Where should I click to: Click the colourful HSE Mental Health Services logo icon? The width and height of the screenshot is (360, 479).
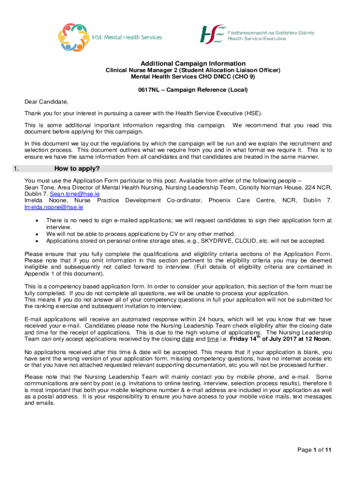tap(73, 37)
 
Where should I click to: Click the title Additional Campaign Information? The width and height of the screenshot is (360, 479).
tap(193, 64)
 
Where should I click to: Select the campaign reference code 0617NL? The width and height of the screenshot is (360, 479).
tap(149, 90)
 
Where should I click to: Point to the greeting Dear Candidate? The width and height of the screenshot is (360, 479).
tap(46, 102)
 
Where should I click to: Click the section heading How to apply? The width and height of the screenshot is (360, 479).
tap(77, 169)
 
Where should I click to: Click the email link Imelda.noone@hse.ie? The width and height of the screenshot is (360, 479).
tap(54, 207)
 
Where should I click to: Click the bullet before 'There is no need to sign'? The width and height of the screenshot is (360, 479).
tap(36, 220)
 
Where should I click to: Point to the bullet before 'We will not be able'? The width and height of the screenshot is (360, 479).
tap(36, 234)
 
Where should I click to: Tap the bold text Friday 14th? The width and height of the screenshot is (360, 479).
tap(245, 339)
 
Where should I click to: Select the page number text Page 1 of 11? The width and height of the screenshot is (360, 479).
tap(315, 450)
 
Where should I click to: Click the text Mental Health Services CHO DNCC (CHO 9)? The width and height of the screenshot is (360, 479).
tap(193, 77)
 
